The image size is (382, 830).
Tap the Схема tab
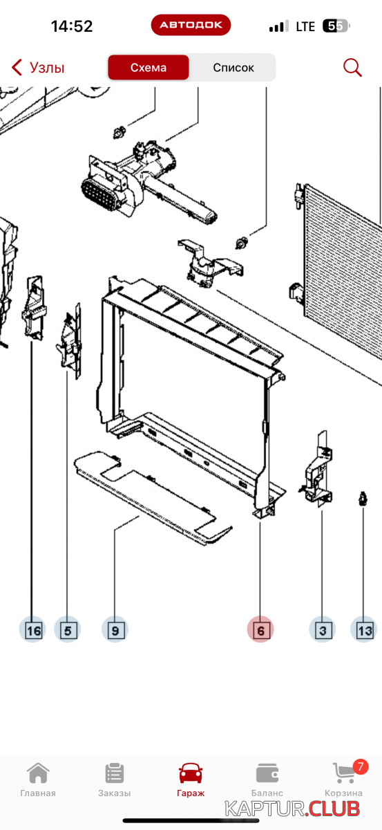[x=149, y=68]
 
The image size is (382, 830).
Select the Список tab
[x=233, y=68]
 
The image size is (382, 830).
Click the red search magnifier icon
[x=352, y=68]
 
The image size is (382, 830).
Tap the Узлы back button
[x=38, y=68]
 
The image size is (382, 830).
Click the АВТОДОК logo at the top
[x=191, y=25]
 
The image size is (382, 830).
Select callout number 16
[x=32, y=630]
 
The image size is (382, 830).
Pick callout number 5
[x=68, y=630]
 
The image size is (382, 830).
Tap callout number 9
[x=115, y=630]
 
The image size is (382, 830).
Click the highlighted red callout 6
[x=260, y=630]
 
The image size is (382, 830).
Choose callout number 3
[x=323, y=630]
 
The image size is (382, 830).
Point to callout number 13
[x=364, y=630]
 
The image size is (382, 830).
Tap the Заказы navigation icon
[x=115, y=773]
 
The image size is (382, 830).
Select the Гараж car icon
[x=191, y=773]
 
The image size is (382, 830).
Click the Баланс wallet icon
[x=267, y=773]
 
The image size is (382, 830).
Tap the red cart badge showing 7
[x=360, y=766]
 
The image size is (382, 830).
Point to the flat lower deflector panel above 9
[x=152, y=497]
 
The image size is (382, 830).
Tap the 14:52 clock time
[x=72, y=26]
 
